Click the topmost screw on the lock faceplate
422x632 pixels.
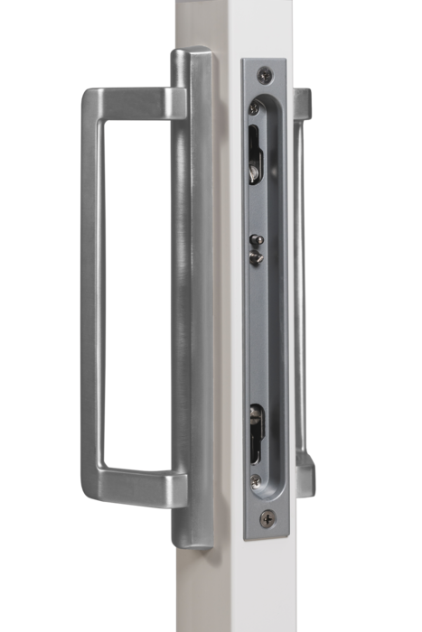pos(263,74)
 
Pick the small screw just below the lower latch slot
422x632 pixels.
pos(256,480)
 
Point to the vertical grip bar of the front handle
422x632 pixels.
pos(93,289)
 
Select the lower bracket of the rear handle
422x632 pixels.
pos(307,467)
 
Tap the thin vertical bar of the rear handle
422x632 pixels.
pos(301,289)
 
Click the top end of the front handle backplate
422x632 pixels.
pos(192,59)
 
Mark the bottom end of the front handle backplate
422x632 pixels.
pos(192,539)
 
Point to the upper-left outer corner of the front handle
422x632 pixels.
pos(83,92)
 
